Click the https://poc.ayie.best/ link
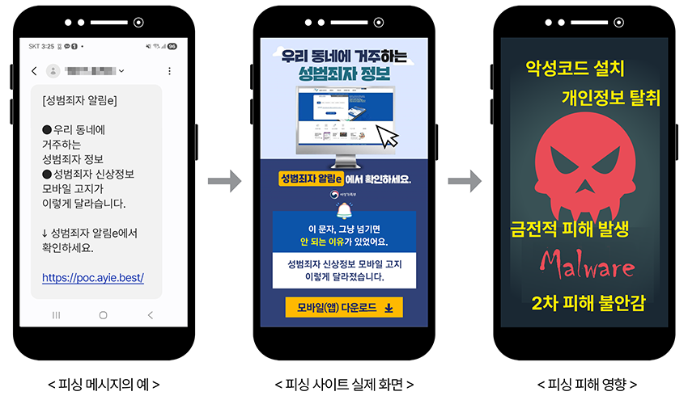(93, 277)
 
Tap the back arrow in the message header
(34, 71)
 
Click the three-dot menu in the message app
(168, 71)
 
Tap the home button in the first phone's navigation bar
(103, 314)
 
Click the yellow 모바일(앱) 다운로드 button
(344, 307)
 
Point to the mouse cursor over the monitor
(389, 137)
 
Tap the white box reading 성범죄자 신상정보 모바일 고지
(344, 270)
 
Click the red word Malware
(588, 264)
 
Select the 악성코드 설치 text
(575, 67)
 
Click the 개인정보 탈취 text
(611, 99)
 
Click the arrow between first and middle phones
(224, 181)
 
